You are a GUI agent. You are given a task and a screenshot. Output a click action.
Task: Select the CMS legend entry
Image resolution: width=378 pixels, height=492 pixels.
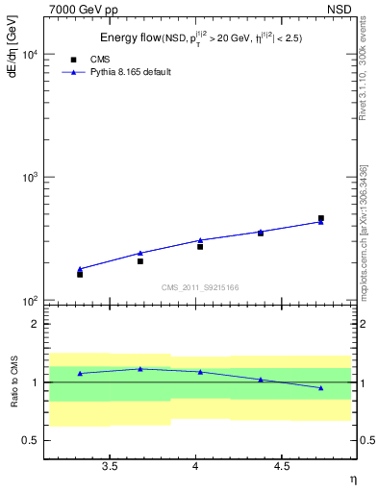99,59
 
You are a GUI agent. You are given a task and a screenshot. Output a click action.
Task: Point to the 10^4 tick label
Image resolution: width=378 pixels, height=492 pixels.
29,54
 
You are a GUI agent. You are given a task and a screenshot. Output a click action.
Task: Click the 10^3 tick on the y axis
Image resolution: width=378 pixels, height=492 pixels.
29,178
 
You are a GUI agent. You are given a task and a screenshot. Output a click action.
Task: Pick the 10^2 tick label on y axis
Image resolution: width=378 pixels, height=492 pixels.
29,301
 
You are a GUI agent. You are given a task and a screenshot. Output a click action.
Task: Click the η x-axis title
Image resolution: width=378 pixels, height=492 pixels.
352,478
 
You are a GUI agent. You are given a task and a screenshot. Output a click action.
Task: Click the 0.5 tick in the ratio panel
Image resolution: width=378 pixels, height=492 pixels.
32,440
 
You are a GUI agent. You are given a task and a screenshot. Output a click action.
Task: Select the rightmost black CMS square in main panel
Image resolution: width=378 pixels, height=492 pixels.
321,218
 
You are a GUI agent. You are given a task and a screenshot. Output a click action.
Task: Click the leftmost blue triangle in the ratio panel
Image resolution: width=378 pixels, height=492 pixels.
80,373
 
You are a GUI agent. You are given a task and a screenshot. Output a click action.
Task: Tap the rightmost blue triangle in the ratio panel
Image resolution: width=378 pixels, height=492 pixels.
321,387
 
